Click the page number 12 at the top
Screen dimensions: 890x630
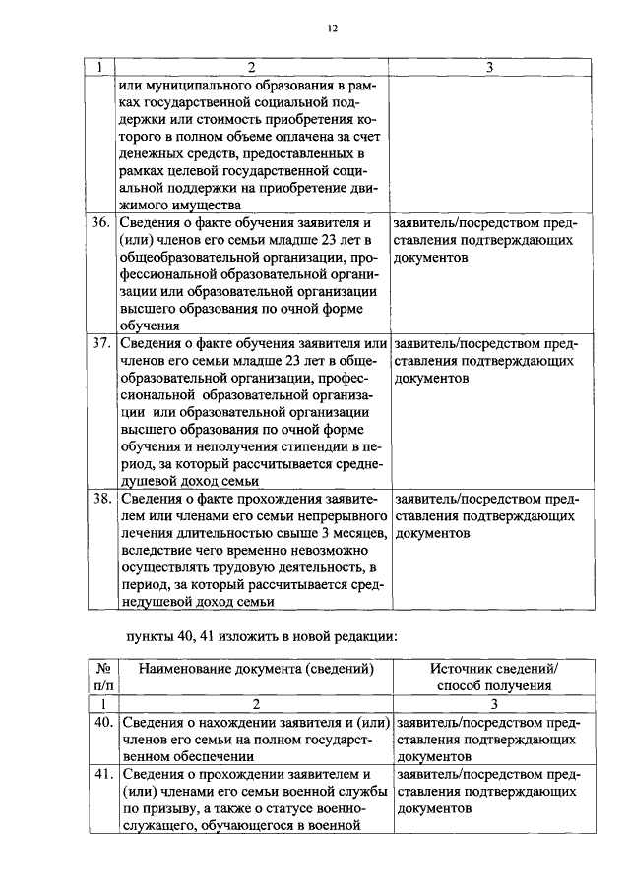[x=333, y=29]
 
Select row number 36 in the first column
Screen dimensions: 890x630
[x=99, y=222]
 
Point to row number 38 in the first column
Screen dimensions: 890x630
[x=99, y=498]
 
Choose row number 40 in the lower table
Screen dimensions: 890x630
[x=99, y=722]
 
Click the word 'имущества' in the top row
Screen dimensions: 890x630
[x=206, y=205]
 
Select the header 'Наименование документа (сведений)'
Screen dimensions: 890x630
[x=255, y=669]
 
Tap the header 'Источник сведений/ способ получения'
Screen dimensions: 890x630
[x=493, y=677]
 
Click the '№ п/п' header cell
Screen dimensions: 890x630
[x=99, y=677]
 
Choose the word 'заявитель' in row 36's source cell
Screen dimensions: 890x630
[x=425, y=222]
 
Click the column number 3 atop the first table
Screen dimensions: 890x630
[x=490, y=66]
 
